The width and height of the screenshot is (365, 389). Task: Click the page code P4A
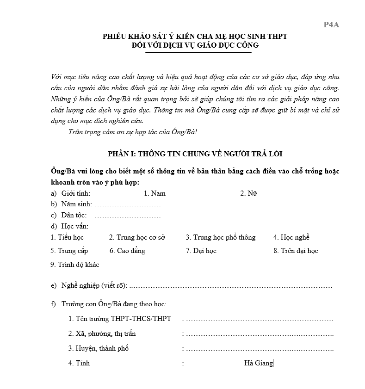click(x=331, y=25)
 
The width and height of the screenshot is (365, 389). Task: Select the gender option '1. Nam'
click(x=155, y=193)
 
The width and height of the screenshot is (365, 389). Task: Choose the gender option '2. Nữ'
click(x=248, y=193)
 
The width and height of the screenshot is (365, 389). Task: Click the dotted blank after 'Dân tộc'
click(x=127, y=215)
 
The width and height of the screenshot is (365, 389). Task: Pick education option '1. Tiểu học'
click(x=67, y=237)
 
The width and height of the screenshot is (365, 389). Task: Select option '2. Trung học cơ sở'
click(x=137, y=237)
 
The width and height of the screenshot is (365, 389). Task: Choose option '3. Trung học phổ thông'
click(x=221, y=237)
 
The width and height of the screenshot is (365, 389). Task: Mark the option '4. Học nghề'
click(x=291, y=237)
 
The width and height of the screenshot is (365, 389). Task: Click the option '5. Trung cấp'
click(x=69, y=251)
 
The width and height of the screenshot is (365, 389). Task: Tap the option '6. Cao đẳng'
click(x=127, y=251)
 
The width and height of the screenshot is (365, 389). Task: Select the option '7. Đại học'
click(x=201, y=251)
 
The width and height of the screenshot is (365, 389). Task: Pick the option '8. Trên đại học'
click(x=296, y=251)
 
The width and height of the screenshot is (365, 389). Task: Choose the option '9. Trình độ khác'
click(x=74, y=265)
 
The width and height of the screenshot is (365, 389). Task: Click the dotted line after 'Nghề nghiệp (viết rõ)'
click(x=231, y=286)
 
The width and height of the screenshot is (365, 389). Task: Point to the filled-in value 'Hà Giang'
click(x=259, y=363)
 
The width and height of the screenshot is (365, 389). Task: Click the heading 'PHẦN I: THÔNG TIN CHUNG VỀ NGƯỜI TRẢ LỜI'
click(x=198, y=154)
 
